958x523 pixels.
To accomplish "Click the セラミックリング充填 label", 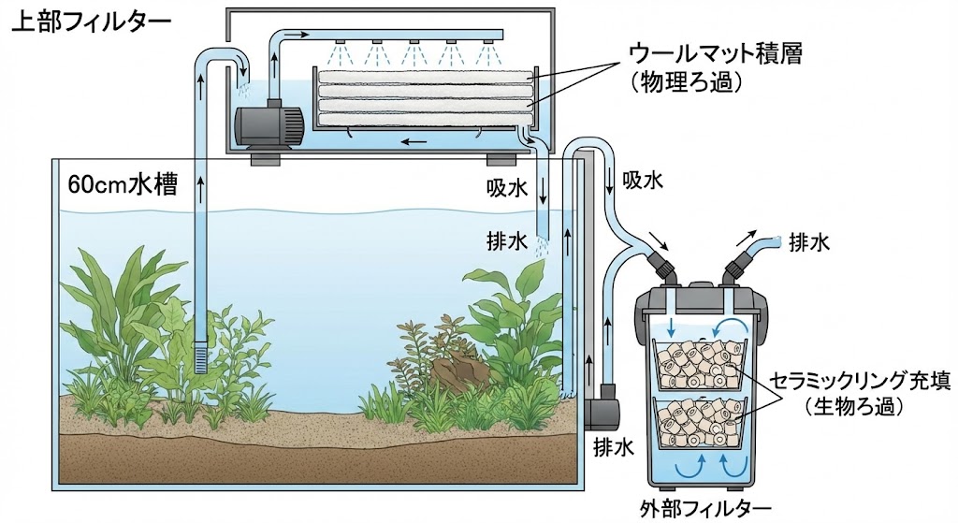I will click(x=861, y=382).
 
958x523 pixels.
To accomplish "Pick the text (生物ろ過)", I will click(x=859, y=407).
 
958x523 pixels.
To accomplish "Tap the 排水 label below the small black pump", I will click(x=612, y=447).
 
